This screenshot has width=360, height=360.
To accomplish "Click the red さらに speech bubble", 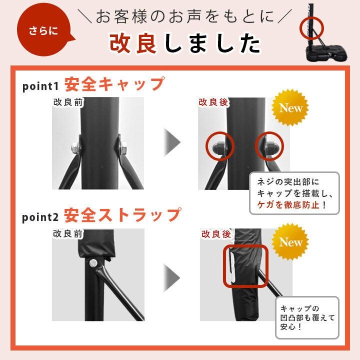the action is click(43, 30).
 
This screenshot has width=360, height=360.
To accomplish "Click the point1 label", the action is click(40, 86).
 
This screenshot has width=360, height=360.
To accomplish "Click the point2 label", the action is click(40, 217).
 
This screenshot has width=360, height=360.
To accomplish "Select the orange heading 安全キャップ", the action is click(114, 84).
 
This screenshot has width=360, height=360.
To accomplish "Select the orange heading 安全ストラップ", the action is click(122, 215).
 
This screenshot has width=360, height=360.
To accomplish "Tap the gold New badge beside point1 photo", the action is click(290, 107).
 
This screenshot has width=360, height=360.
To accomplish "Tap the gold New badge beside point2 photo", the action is click(290, 242).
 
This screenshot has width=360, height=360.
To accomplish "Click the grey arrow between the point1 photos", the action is click(172, 142).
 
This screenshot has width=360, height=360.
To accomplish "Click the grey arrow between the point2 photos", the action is click(172, 278).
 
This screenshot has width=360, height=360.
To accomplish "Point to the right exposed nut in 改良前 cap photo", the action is click(123, 147).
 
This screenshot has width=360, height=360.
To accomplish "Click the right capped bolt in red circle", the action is click(271, 146).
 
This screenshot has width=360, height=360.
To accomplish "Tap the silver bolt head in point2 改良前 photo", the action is click(93, 263).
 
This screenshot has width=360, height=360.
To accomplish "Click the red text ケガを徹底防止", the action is click(288, 204).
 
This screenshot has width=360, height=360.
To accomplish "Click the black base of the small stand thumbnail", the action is click(326, 53).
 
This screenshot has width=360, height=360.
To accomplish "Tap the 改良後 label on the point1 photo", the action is click(213, 102).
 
